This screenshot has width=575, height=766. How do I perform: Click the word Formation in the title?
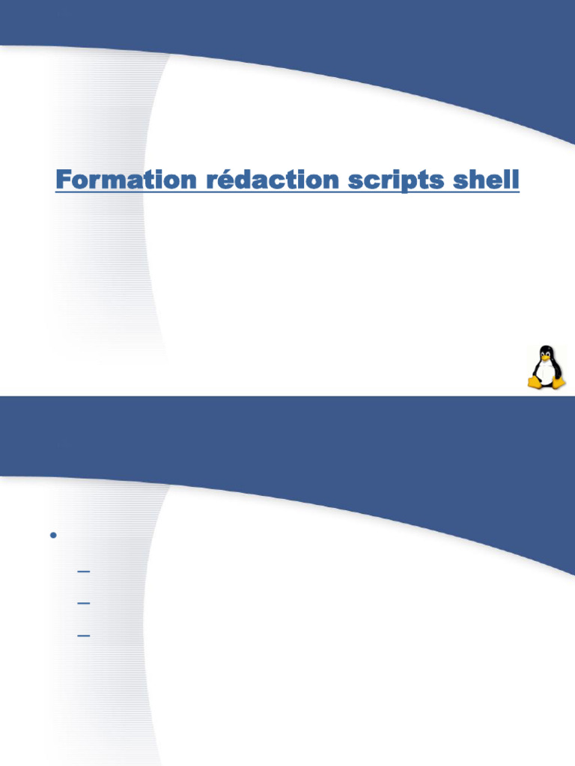pos(126,180)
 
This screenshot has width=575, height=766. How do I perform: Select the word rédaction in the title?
pos(273,179)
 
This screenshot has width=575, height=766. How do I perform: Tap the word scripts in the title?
pos(396,181)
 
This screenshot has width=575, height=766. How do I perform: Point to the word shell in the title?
pos(485,179)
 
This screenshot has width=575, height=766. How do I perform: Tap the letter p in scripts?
pos(411,183)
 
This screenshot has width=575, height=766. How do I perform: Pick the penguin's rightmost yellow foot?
pos(557,382)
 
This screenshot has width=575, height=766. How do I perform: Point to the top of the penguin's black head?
pos(546,346)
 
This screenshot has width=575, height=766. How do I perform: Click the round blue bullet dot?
pos(53,536)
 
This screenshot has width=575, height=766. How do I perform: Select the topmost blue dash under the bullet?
pos(84,571)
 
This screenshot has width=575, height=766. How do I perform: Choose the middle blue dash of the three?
pos(84,604)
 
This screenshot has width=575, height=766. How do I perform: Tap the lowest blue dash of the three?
pos(84,636)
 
